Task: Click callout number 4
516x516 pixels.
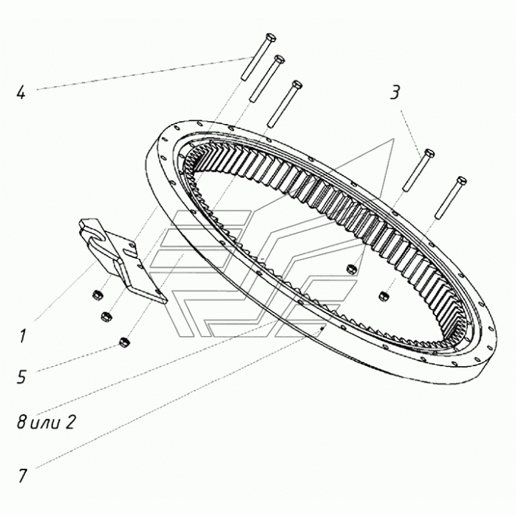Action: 21,93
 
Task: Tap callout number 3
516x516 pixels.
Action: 395,92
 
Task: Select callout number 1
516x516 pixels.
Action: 21,336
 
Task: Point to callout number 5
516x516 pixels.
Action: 21,377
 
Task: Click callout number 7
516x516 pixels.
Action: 22,476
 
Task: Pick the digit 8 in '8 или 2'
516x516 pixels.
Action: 21,422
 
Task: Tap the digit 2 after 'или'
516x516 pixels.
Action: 70,422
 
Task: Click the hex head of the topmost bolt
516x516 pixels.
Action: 270,37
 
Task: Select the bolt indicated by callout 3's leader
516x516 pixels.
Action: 419,170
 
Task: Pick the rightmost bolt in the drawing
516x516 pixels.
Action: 450,198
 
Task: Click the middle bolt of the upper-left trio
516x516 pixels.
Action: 267,79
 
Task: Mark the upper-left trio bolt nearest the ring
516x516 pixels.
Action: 285,104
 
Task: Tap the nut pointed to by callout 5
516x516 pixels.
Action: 124,343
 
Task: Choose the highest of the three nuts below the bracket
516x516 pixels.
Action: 97,295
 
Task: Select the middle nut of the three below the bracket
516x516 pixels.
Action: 106,317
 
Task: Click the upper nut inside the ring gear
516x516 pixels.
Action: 350,269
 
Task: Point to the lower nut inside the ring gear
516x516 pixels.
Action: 383,295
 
